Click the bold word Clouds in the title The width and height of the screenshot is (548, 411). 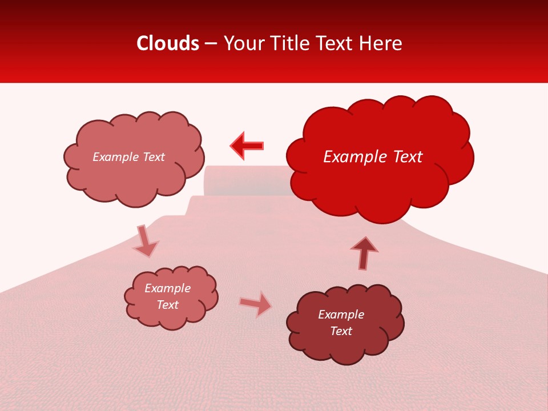pyautogui.click(x=168, y=43)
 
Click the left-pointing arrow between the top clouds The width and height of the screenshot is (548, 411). pyautogui.click(x=247, y=146)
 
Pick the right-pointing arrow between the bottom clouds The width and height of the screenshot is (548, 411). pyautogui.click(x=256, y=304)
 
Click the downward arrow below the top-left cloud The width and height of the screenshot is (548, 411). pyautogui.click(x=145, y=240)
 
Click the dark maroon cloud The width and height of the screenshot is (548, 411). pyautogui.click(x=345, y=323)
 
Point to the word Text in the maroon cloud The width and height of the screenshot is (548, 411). pyautogui.click(x=341, y=331)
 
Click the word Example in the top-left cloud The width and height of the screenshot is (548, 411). pyautogui.click(x=116, y=157)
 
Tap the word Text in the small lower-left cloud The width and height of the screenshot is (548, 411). pyautogui.click(x=167, y=305)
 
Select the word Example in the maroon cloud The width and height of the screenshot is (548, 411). pyautogui.click(x=341, y=315)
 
